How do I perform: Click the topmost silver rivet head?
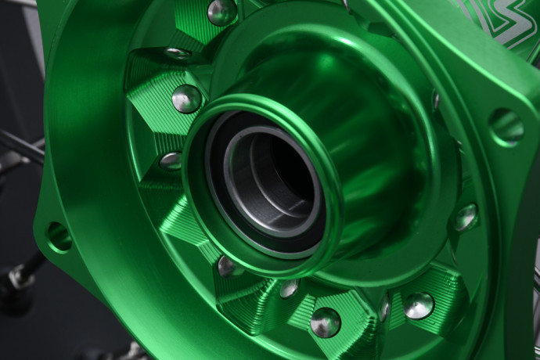(x=221, y=11)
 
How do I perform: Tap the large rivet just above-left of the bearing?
(x=187, y=99)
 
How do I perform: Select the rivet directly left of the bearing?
(x=170, y=161)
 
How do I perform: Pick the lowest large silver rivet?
(x=325, y=322)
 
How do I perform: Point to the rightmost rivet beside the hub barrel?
(x=465, y=218)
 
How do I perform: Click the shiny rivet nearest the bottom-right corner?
(x=419, y=305)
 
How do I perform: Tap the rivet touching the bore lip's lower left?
(x=228, y=266)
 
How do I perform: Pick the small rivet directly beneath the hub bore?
(x=289, y=289)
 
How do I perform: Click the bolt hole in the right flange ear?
(x=507, y=125)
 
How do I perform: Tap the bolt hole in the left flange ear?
(x=59, y=236)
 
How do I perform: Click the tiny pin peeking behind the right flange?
(x=436, y=99)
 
